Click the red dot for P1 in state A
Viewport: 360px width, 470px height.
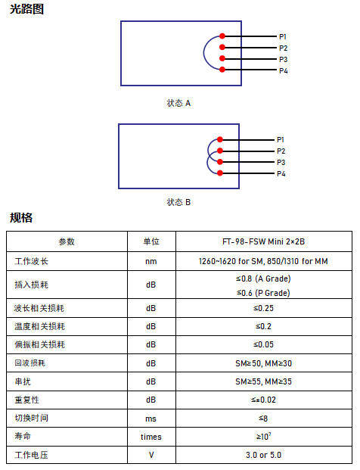[222, 36]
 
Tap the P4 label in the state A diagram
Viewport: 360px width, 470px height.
[284, 70]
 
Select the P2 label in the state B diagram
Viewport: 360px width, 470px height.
[281, 151]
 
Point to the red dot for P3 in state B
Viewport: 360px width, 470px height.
[220, 162]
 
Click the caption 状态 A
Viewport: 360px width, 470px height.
[178, 103]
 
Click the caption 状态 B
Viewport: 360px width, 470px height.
[178, 202]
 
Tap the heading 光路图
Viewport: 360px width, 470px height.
[26, 9]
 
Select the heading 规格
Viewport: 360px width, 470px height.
[21, 218]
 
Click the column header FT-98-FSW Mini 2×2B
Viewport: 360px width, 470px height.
[263, 241]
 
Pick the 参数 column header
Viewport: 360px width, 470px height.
[67, 241]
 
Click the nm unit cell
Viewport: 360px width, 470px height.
[151, 261]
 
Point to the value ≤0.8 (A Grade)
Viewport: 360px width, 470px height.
[263, 279]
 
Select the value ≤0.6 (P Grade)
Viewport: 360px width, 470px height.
[263, 293]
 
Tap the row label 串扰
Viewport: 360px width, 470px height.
[23, 381]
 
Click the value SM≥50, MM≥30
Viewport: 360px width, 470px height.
[263, 363]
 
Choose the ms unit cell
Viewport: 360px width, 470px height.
[151, 419]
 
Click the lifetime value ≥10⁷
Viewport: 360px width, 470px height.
[263, 436]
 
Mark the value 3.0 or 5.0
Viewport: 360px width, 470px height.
[263, 455]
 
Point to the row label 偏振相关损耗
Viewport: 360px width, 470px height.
[40, 344]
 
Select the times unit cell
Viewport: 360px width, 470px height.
[151, 437]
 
